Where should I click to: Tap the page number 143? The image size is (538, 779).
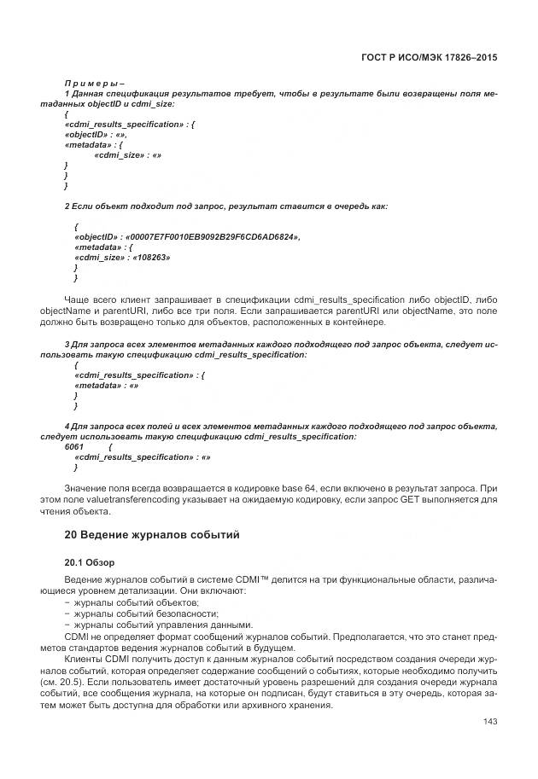click(x=490, y=723)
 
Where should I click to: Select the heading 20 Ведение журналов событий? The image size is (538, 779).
click(x=152, y=535)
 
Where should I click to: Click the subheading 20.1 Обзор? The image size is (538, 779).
click(x=90, y=563)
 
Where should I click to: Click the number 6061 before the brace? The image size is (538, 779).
click(x=75, y=446)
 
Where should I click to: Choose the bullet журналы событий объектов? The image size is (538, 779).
click(x=124, y=602)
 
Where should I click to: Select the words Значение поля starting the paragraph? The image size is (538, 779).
click(x=96, y=490)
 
